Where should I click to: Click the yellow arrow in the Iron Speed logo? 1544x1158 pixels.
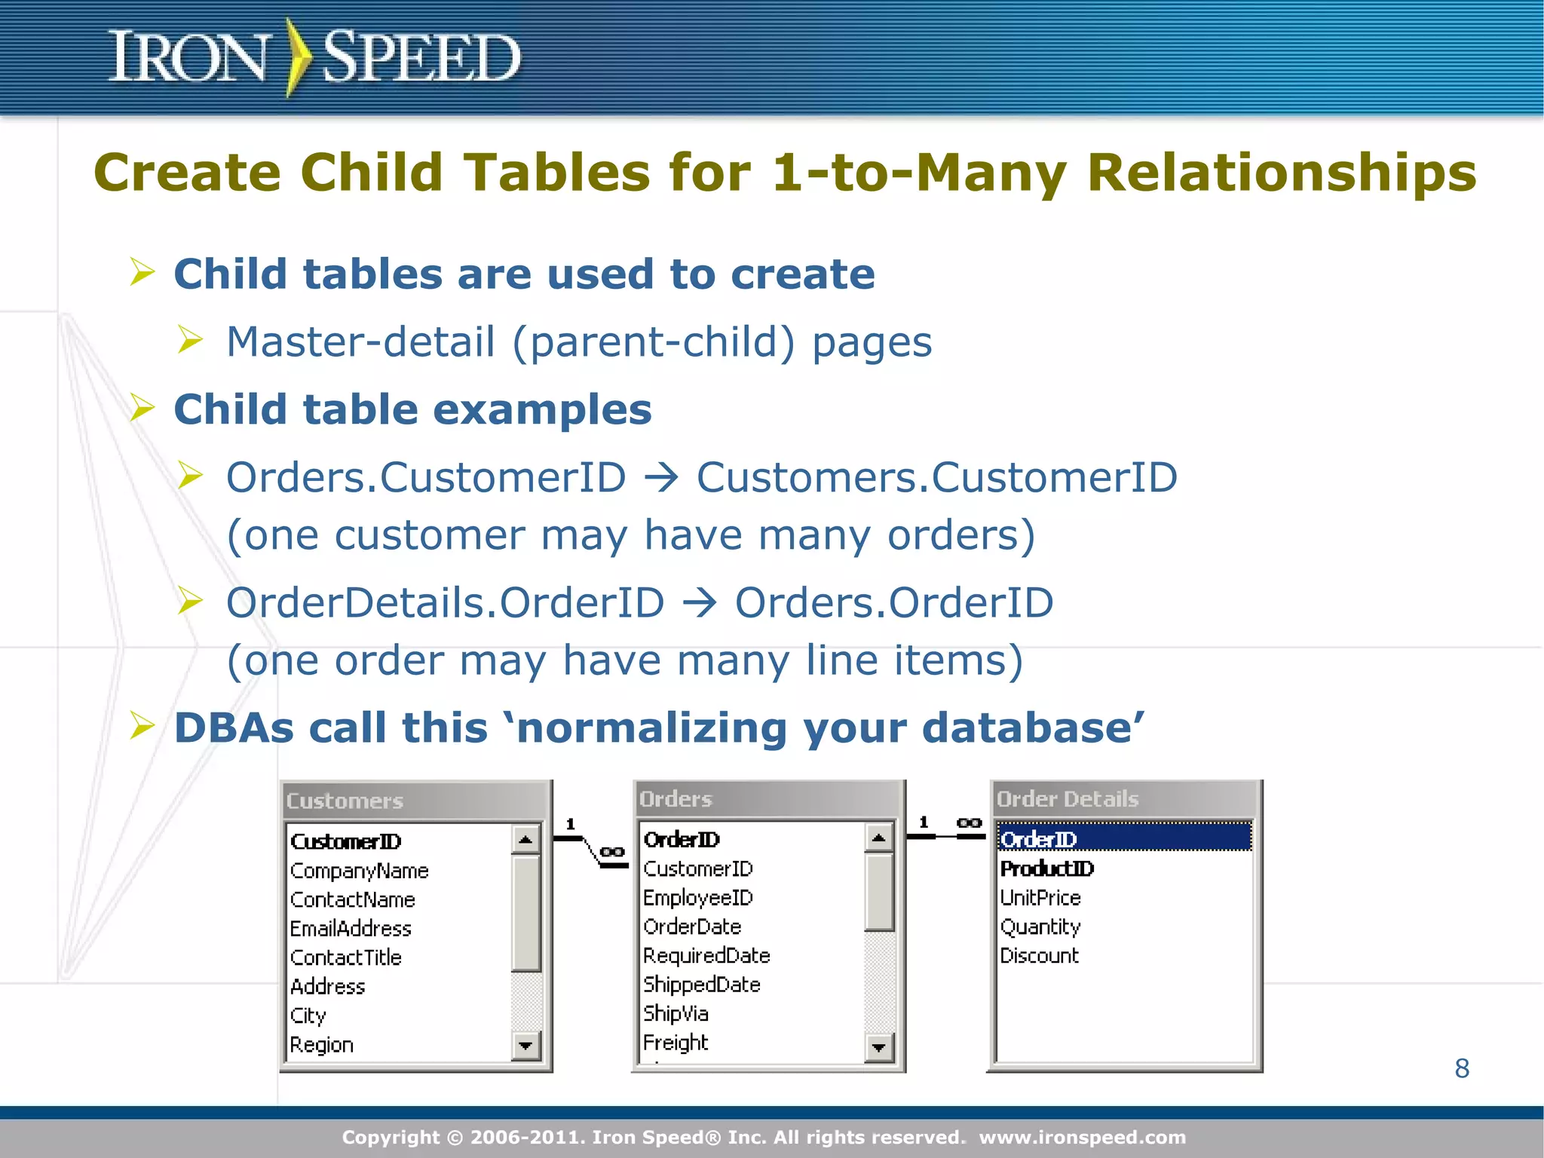[x=299, y=57]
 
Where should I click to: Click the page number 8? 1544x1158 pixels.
[x=1462, y=1068]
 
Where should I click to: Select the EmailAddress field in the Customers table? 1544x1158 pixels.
[x=351, y=929]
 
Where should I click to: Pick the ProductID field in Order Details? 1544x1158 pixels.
[x=1046, y=868]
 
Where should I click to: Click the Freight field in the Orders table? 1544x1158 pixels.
[x=675, y=1043]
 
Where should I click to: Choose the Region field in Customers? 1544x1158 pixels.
[x=321, y=1045]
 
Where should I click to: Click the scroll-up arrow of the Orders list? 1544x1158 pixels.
[x=878, y=838]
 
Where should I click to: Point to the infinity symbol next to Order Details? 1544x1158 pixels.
[x=969, y=823]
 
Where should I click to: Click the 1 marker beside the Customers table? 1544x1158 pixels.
[x=571, y=824]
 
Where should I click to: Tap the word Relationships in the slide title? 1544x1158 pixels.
[x=1281, y=173]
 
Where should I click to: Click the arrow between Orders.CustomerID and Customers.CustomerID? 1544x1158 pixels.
[x=661, y=478]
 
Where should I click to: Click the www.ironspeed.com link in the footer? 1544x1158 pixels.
[x=1082, y=1137]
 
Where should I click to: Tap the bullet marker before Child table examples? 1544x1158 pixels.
[x=142, y=408]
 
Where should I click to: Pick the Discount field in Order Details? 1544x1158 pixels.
[x=1039, y=956]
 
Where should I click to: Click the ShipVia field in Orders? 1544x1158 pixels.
[x=675, y=1014]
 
